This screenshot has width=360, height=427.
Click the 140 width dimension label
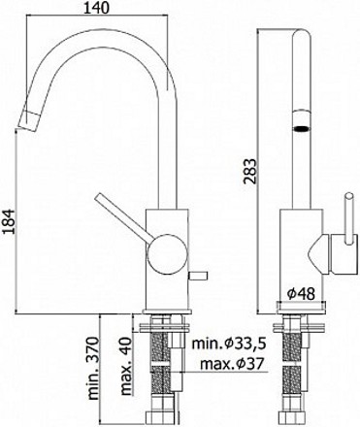pyautogui.click(x=96, y=8)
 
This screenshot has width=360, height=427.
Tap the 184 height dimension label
pyautogui.click(x=10, y=221)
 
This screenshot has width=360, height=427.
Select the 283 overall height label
pyautogui.click(x=249, y=172)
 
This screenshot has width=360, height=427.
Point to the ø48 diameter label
pyautogui.click(x=301, y=294)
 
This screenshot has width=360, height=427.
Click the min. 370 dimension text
pyautogui.click(x=93, y=369)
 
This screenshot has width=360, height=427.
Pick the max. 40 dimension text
pyautogui.click(x=127, y=367)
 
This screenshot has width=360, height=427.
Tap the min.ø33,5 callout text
pyautogui.click(x=229, y=344)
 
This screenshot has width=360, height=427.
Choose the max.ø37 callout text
pyautogui.click(x=231, y=364)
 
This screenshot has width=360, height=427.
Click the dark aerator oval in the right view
pyautogui.click(x=302, y=129)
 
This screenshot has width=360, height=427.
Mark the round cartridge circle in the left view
pyautogui.click(x=167, y=254)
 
